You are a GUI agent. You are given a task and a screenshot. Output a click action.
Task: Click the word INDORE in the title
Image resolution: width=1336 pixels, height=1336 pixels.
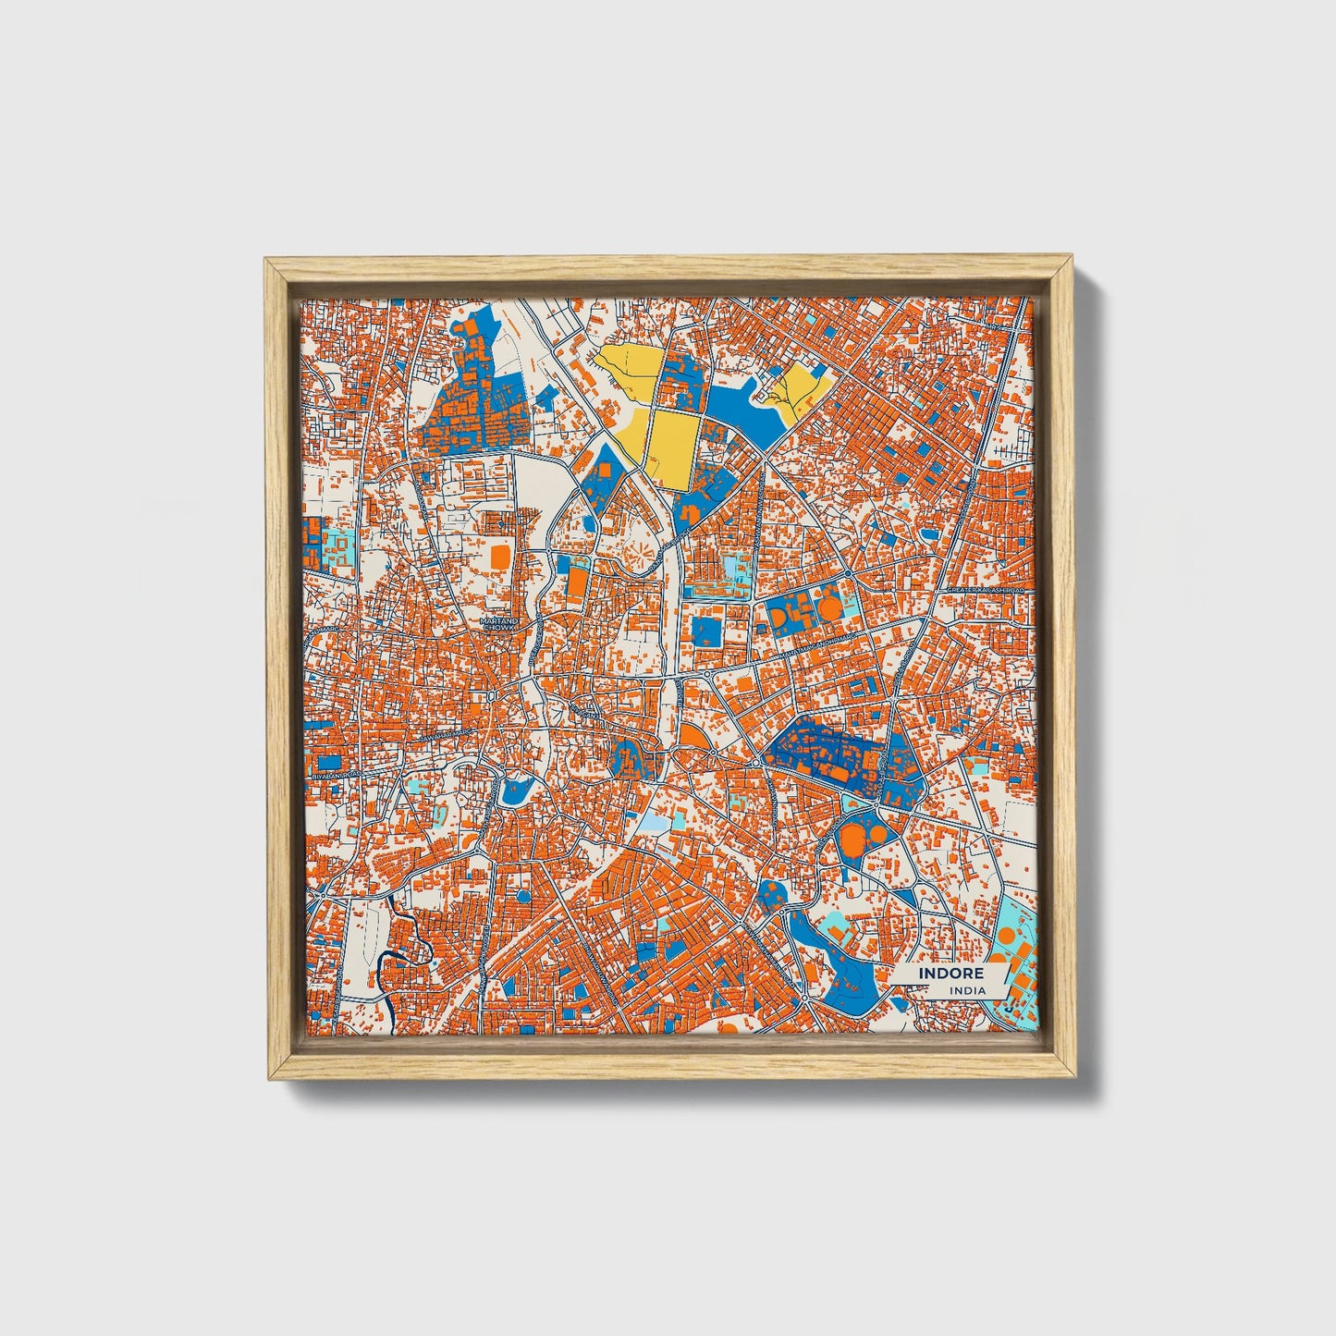tap(950, 974)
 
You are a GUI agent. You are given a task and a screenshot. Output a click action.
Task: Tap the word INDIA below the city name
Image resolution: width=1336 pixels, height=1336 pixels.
tap(967, 991)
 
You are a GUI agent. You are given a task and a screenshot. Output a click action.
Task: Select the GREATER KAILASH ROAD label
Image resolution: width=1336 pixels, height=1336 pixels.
tap(987, 590)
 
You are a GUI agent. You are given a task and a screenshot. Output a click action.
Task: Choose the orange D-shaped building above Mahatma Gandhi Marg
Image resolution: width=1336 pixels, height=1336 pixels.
tap(779, 615)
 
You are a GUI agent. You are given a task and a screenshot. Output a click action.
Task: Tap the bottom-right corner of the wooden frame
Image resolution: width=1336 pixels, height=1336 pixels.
tap(1076, 1078)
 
